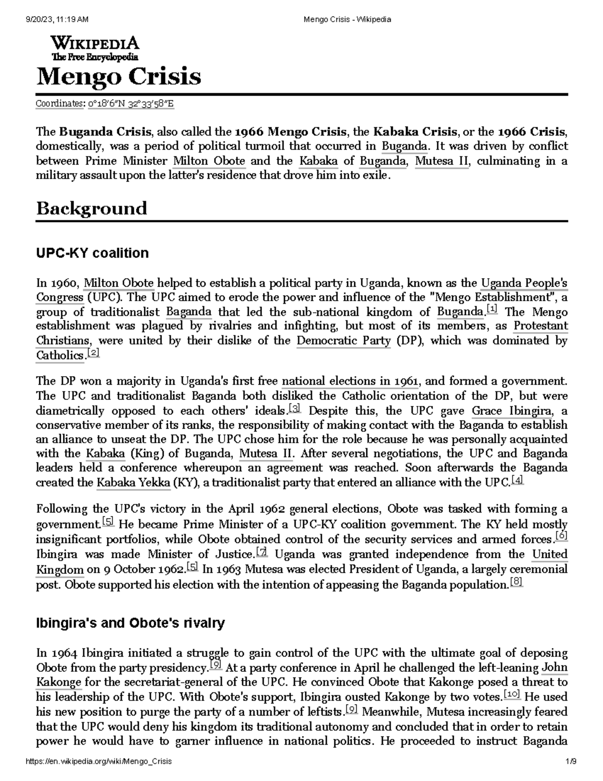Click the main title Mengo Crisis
[119, 77]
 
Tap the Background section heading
[91, 208]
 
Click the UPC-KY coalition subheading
[92, 253]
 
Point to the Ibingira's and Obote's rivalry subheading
[130, 623]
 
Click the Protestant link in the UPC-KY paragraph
[540, 326]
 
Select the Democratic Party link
[343, 341]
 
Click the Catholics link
[60, 356]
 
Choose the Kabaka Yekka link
[133, 483]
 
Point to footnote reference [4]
[517, 481]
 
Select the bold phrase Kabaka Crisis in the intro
[415, 132]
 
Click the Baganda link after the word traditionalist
[188, 312]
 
